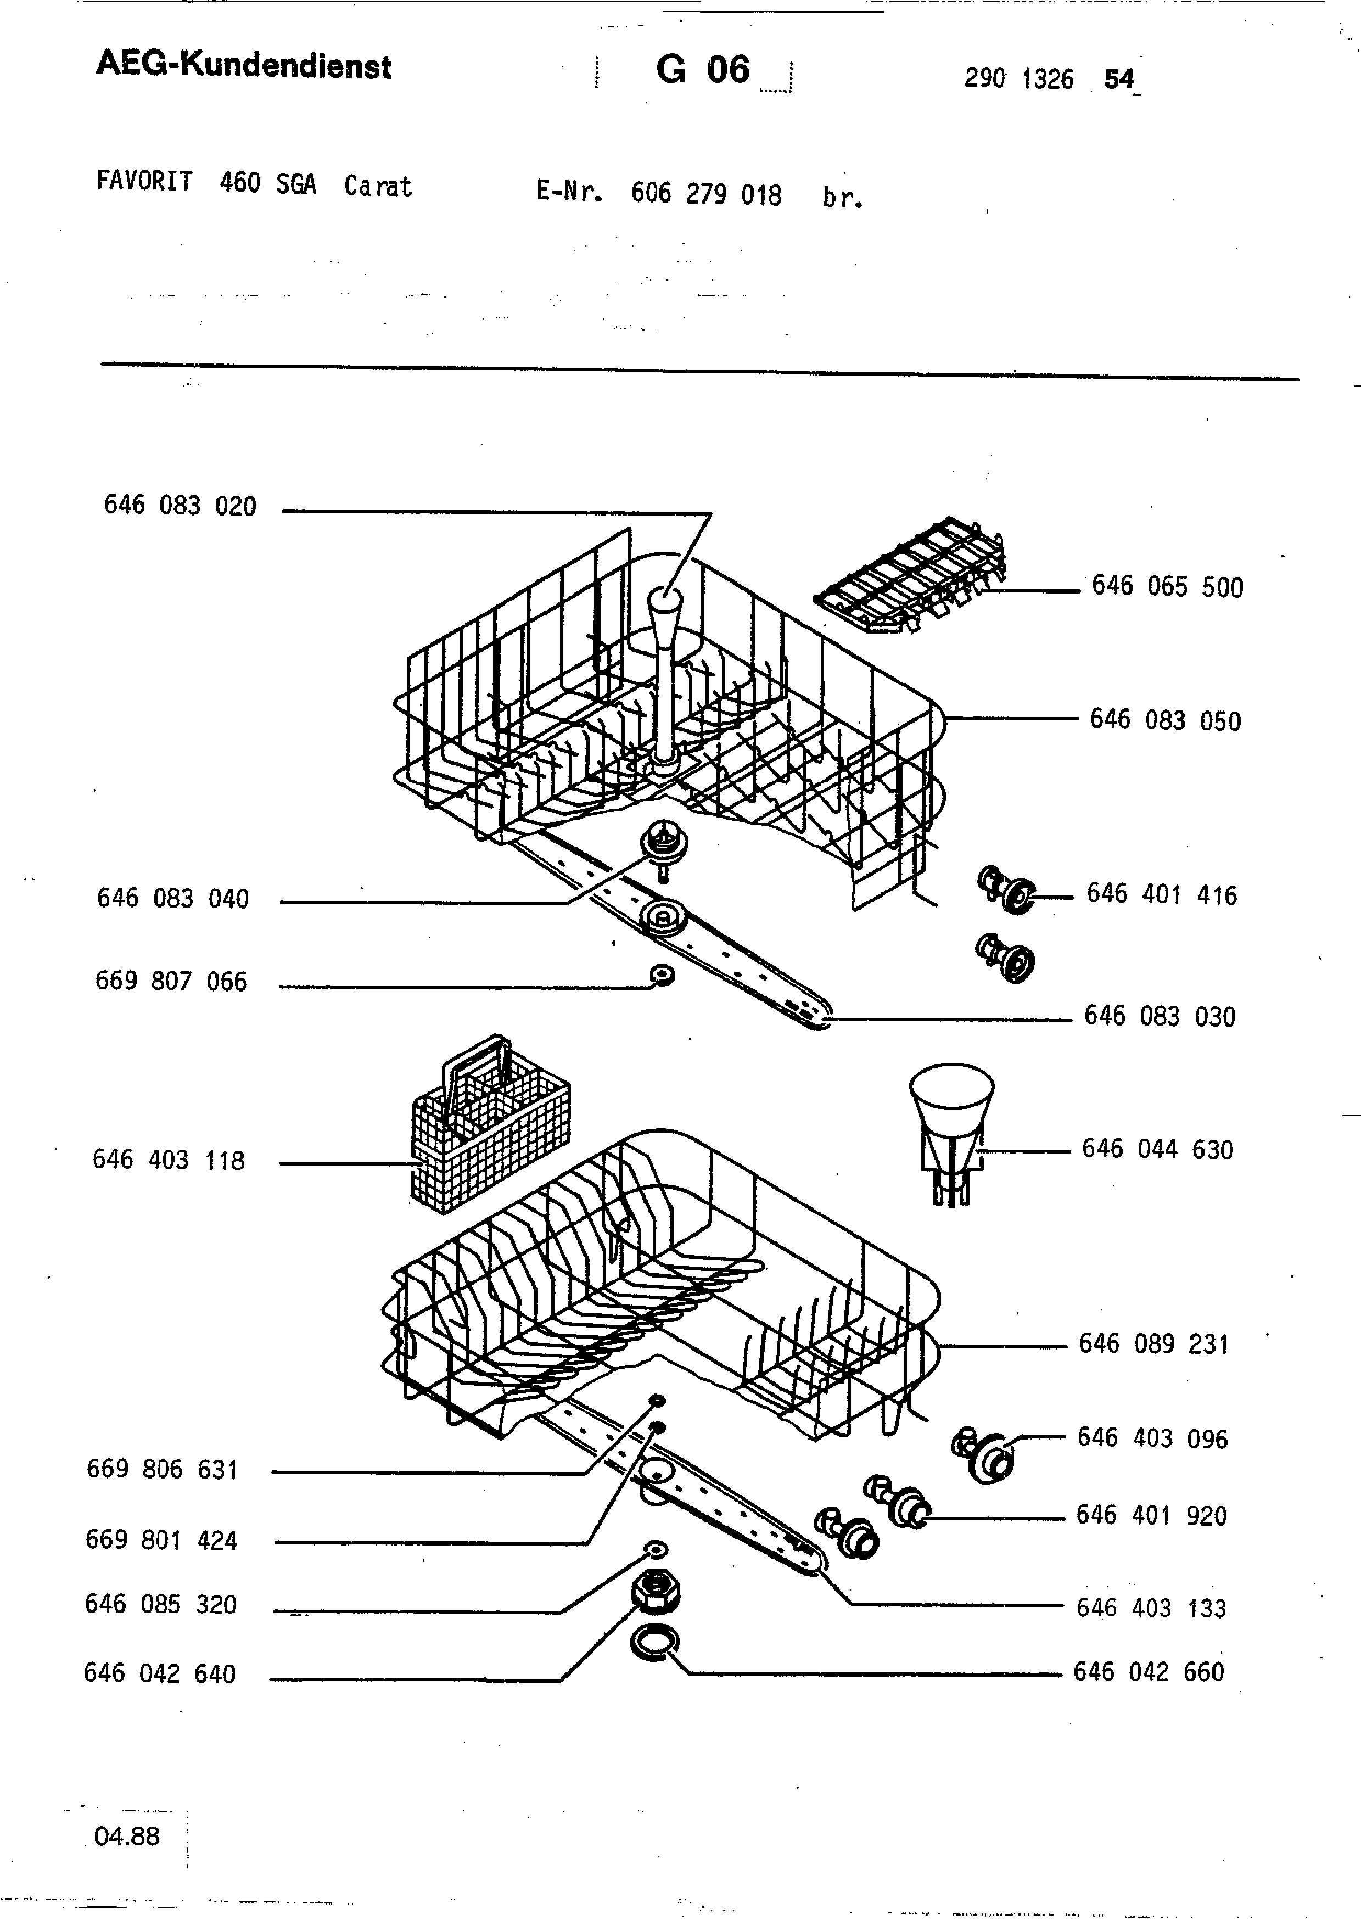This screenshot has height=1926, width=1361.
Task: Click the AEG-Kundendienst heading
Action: click(x=244, y=65)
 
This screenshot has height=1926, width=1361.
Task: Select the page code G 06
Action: click(x=703, y=69)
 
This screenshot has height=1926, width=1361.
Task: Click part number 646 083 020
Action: click(x=180, y=505)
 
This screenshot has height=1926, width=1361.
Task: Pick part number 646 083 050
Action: click(x=1165, y=720)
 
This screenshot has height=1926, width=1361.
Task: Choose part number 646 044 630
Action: click(x=1157, y=1149)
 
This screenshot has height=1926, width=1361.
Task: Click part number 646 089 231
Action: click(x=1154, y=1344)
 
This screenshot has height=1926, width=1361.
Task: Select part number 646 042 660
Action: click(x=1149, y=1672)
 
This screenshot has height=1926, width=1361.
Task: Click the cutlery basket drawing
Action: click(x=491, y=1124)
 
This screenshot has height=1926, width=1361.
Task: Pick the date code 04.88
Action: click(x=127, y=1837)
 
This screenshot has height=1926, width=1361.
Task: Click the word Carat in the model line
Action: click(x=378, y=186)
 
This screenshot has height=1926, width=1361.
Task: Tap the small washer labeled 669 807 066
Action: click(x=663, y=975)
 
